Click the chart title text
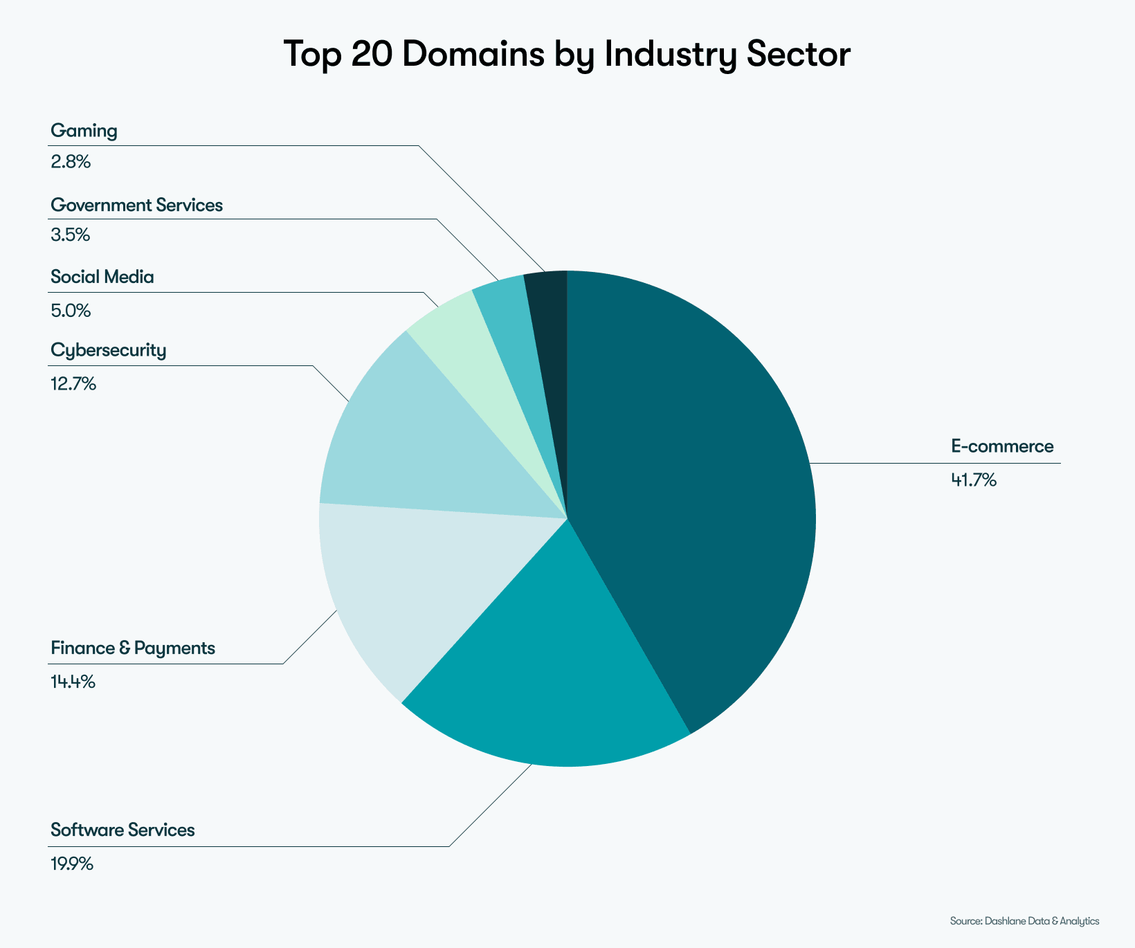pos(567,54)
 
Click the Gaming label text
pos(84,131)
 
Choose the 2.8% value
pos(70,162)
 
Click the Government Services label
pos(136,205)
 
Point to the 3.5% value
pos(70,235)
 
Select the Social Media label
pos(102,277)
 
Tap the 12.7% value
pos(73,383)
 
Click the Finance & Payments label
pos(133,648)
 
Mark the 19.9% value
pos(71,864)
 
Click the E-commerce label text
pos(1001,446)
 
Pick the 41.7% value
pos(973,480)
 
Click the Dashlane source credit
pos(1024,921)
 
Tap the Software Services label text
pos(122,830)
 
